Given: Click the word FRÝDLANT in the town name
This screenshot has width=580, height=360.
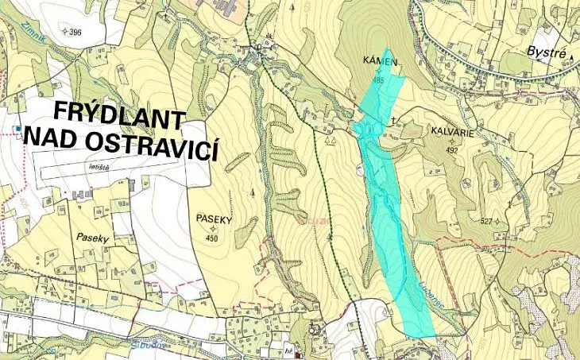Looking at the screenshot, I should coord(119,119).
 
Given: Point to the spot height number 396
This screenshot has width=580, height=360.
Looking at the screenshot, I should coord(76,33).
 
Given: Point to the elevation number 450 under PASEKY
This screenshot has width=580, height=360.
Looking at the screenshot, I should coord(211,238).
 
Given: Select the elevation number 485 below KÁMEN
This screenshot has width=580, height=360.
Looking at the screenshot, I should coord(377,80).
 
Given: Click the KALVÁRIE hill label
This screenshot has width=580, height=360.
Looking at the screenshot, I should coord(453,134).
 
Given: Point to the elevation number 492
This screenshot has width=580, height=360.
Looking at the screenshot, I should coord(453,150).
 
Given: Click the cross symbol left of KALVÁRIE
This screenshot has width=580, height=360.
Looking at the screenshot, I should coord(392,121).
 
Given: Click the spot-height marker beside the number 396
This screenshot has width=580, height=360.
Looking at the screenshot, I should coord(66,33).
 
